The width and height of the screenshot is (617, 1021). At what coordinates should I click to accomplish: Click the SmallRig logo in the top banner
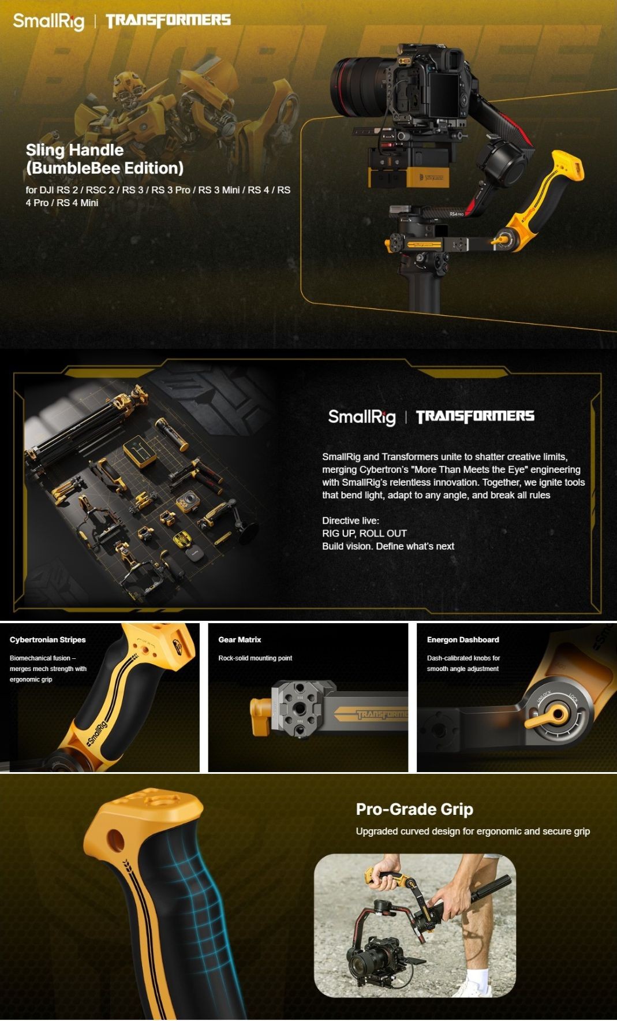click(48, 21)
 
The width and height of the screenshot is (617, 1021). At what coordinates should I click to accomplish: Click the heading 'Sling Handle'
click(74, 150)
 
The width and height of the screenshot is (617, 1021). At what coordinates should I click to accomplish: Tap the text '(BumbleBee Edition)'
click(104, 168)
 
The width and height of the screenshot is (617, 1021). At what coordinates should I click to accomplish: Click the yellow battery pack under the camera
click(409, 176)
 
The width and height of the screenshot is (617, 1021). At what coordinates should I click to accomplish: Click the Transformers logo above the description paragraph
click(475, 416)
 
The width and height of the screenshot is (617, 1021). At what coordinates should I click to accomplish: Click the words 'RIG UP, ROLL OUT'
click(364, 533)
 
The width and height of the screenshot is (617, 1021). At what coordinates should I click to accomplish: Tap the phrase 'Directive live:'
click(350, 520)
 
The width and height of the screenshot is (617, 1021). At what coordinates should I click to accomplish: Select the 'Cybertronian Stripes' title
click(47, 639)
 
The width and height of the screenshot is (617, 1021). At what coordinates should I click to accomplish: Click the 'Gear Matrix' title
click(240, 639)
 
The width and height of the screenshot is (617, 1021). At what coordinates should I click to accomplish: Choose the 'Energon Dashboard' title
click(463, 639)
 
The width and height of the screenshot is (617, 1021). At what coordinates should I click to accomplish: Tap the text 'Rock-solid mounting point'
click(255, 658)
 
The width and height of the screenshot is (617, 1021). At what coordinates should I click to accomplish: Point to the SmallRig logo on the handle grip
click(96, 733)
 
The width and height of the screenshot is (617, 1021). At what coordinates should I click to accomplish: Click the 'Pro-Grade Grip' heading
click(414, 809)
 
